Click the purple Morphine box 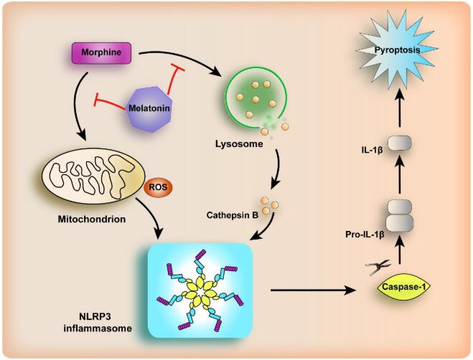101,52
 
